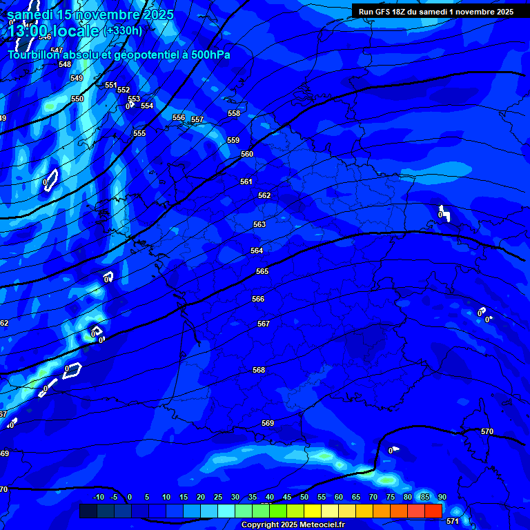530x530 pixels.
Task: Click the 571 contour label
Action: click(452, 521)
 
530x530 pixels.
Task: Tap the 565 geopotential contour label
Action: click(262, 271)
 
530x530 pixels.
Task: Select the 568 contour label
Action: click(259, 370)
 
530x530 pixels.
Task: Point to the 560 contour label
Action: click(247, 154)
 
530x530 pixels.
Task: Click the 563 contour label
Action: click(259, 224)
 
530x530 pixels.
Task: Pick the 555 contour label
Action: click(139, 133)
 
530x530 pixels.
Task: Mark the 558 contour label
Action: click(234, 113)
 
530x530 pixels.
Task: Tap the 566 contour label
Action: click(258, 299)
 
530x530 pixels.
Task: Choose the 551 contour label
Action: click(111, 85)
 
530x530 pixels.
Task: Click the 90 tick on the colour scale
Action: click(442, 497)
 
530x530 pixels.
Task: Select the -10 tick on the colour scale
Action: click(99, 497)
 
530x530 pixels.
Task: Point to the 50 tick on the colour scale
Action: click(304, 497)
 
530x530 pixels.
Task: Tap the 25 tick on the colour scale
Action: click(218, 497)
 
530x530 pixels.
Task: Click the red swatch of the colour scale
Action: click(433, 511)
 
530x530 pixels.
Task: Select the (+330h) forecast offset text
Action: click(123, 30)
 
